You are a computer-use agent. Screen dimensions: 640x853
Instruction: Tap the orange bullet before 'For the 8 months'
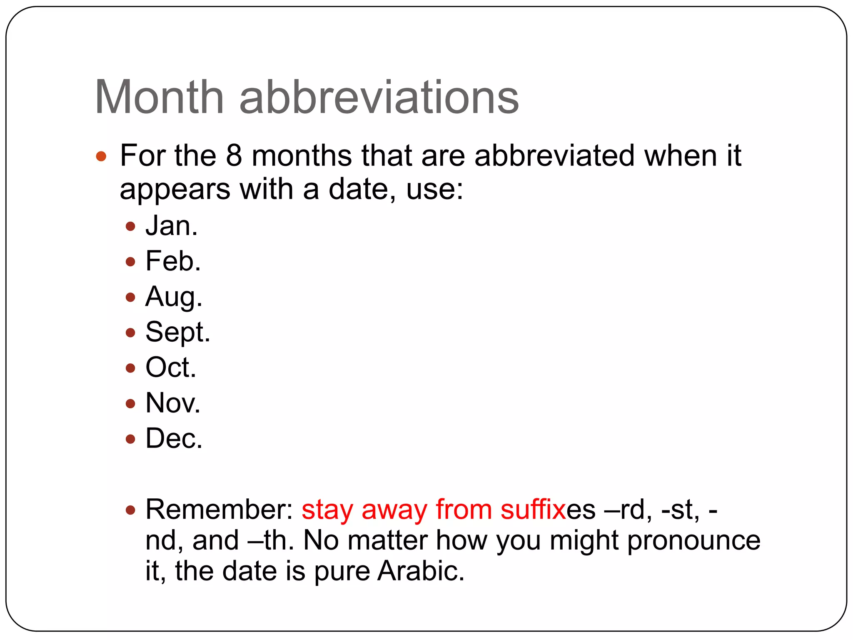click(x=101, y=157)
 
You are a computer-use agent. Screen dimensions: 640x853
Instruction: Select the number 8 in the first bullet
click(x=234, y=156)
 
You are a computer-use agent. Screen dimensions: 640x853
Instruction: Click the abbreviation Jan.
click(x=171, y=226)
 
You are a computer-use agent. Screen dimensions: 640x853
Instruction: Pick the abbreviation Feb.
click(x=173, y=262)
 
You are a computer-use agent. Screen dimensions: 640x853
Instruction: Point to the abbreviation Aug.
click(x=174, y=297)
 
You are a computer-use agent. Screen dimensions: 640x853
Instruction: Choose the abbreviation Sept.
click(x=178, y=333)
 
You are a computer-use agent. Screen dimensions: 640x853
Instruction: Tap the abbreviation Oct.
click(x=170, y=368)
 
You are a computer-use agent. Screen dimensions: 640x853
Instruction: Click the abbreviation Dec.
click(x=174, y=439)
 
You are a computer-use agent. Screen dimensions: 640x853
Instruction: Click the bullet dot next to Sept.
click(x=130, y=332)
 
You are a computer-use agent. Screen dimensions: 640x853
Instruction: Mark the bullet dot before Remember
click(x=130, y=510)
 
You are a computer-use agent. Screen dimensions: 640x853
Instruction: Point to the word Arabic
click(x=421, y=571)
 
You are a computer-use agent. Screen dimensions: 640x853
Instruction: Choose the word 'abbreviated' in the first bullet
click(x=554, y=156)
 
